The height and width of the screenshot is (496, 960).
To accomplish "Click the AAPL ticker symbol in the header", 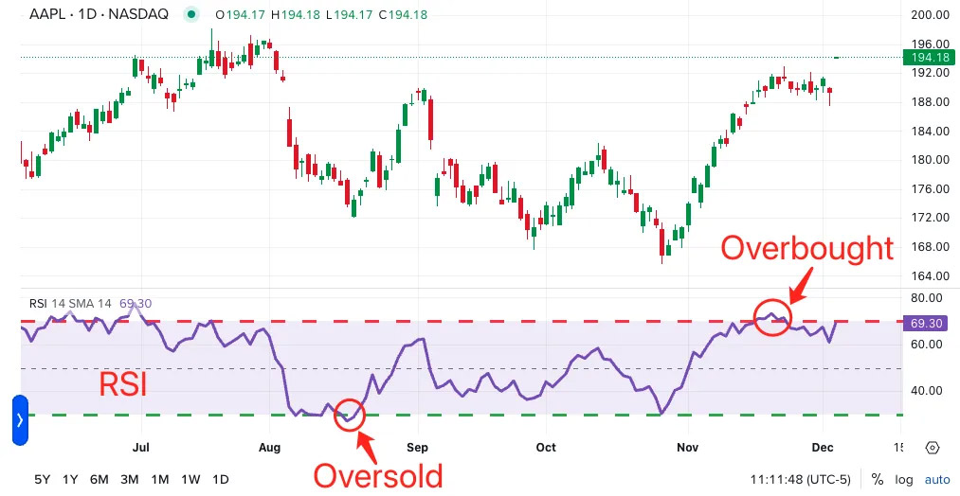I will pos(45,14).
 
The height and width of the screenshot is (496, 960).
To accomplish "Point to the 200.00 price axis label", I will pos(930,15).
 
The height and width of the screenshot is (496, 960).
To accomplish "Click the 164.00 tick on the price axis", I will pos(930,276).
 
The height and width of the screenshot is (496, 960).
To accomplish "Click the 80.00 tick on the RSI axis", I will pos(928,298).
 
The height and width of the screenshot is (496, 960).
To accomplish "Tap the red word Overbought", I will pos(806,248).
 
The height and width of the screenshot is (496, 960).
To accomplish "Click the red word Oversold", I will pos(378,474).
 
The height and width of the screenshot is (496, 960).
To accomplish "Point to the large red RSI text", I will pos(124,385).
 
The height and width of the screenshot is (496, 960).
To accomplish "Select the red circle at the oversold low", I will pos(350,414).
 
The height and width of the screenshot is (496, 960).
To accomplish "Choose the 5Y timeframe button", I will pos(43,479).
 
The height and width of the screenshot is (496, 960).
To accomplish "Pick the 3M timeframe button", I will pos(130,479).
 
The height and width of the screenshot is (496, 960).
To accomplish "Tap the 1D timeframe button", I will pos(220,479).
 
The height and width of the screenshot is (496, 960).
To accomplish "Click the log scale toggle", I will pos(904,479).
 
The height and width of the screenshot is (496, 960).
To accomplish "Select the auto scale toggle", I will pos(936,479).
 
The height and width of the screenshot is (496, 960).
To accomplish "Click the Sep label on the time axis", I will pos(418,447).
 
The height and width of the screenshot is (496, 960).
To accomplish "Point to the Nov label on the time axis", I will pos(687,447).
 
